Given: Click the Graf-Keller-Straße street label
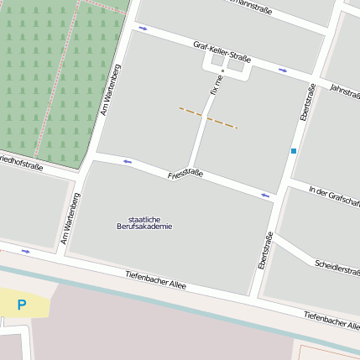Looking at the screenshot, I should click(222, 52).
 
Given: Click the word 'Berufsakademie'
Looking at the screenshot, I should click(144, 227).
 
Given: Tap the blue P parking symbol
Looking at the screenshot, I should click(21, 305).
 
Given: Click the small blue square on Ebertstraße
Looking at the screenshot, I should click(294, 151).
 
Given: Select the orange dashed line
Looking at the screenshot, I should click(208, 117).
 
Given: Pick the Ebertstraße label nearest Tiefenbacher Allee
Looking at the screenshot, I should click(265, 250).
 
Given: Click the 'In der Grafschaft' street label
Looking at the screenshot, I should click(334, 196).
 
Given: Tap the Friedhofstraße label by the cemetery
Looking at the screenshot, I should click(21, 162).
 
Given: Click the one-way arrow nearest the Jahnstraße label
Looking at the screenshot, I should click(283, 70).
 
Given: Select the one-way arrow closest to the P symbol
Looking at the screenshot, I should click(26, 251).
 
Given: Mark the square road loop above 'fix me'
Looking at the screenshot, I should click(227, 70).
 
